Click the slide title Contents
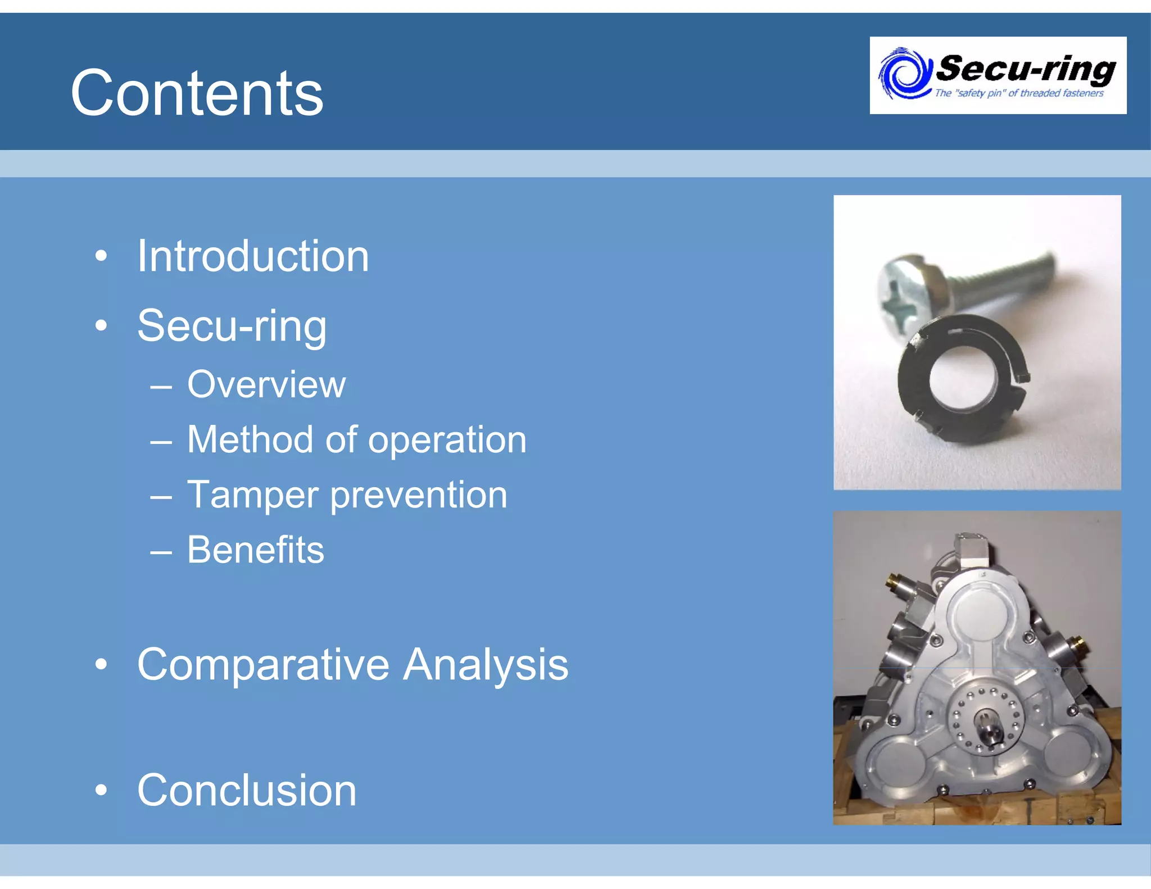tap(197, 93)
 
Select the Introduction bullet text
tap(253, 256)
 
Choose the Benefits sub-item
tap(256, 550)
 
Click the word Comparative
tap(263, 665)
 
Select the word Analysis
tap(486, 665)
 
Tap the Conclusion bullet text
tap(247, 790)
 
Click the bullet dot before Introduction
tap(101, 256)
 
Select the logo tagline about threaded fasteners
tap(1019, 93)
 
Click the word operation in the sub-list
tap(447, 440)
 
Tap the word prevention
tap(419, 495)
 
